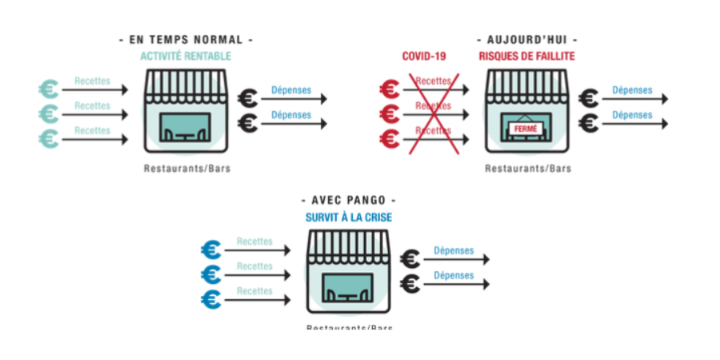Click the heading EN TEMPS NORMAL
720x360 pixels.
(186, 39)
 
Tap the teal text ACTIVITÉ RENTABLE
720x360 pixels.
(186, 56)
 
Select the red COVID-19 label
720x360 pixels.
(423, 56)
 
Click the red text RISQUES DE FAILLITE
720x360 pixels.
(526, 56)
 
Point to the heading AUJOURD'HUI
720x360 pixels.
(526, 39)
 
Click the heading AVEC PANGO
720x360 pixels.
(348, 200)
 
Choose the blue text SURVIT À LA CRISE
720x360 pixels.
(348, 217)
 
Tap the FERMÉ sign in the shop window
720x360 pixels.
(526, 127)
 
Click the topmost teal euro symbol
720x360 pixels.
(48, 89)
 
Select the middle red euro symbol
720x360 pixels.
(390, 113)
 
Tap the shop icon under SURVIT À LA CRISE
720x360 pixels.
(348, 272)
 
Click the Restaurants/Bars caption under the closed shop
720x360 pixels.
(527, 169)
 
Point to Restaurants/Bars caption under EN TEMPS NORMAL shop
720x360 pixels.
(186, 169)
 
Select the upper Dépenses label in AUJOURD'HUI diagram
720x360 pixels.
(632, 90)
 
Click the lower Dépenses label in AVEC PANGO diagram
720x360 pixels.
(454, 276)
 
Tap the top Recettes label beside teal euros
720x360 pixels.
(92, 81)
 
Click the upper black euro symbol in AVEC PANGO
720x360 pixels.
(410, 258)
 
